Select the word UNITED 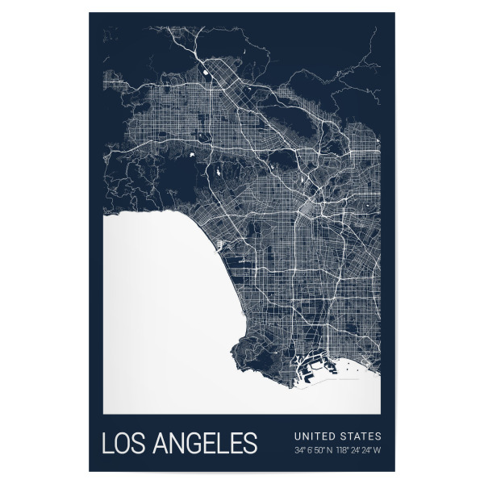click(x=311, y=436)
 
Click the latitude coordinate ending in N click(x=315, y=449)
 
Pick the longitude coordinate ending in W click(x=361, y=449)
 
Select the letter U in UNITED click(x=297, y=436)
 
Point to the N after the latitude click(x=332, y=449)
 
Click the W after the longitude click(x=378, y=449)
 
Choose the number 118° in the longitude click(x=345, y=449)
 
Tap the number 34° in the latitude click(x=298, y=449)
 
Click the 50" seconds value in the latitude click(x=320, y=449)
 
